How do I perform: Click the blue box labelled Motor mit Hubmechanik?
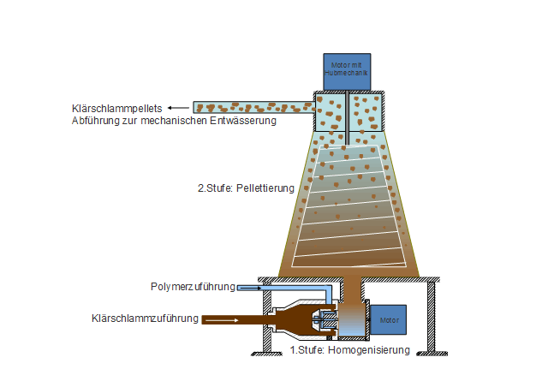pyautogui.click(x=348, y=71)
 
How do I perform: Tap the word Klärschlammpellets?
pyautogui.click(x=118, y=109)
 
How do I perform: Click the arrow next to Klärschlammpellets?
pyautogui.click(x=178, y=108)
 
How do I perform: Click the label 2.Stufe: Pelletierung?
pyautogui.click(x=246, y=188)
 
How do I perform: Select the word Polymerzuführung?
pyautogui.click(x=193, y=287)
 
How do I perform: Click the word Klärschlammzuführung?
pyautogui.click(x=145, y=319)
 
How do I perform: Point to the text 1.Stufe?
pyautogui.click(x=307, y=349)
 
